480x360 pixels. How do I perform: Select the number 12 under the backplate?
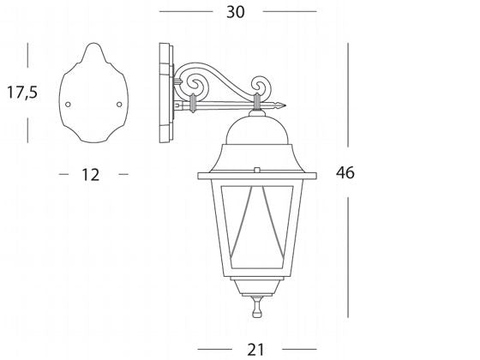click(90, 175)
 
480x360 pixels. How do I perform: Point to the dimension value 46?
click(345, 173)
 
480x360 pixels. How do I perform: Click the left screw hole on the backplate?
click(69, 105)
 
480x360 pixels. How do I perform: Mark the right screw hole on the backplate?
click(118, 105)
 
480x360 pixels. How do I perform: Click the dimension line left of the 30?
click(184, 12)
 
